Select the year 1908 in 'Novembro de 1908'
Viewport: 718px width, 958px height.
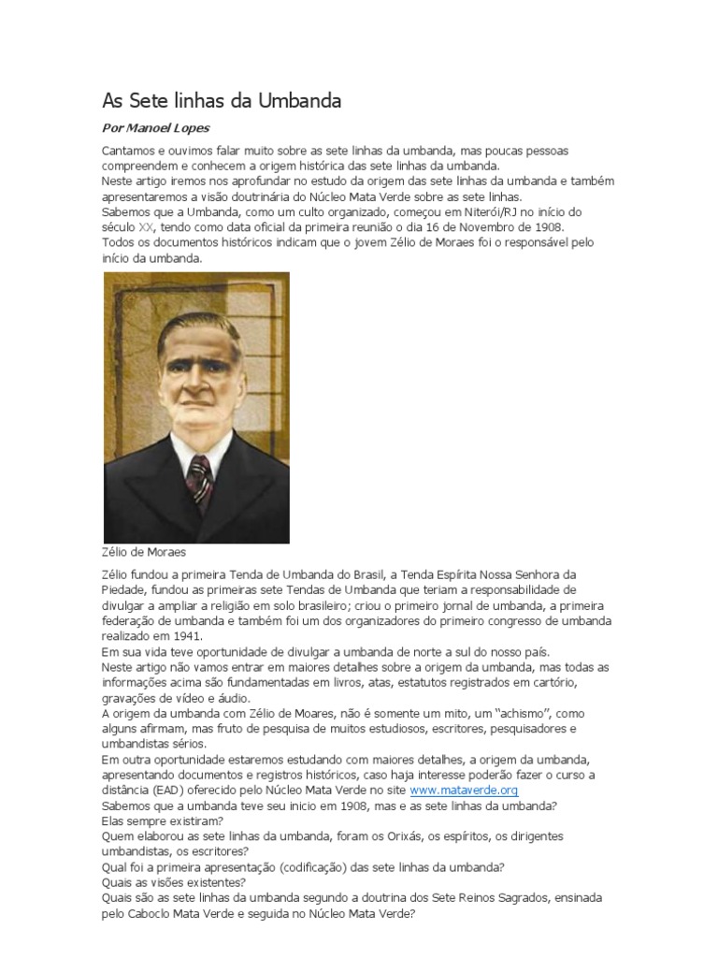click(549, 226)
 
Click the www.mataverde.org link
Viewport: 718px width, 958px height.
click(464, 791)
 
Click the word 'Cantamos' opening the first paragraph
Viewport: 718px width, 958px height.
click(128, 151)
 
